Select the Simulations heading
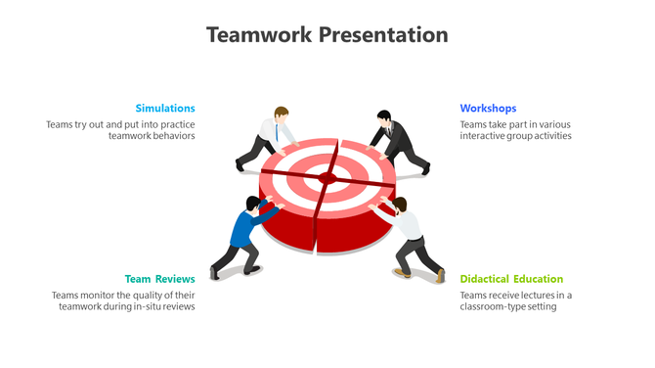[x=165, y=108]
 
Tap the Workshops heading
[x=488, y=108]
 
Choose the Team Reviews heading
[x=159, y=279]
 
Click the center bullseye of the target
[x=326, y=177]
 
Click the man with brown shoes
[x=409, y=238]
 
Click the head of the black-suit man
[x=384, y=117]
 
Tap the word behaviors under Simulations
[x=176, y=136]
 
